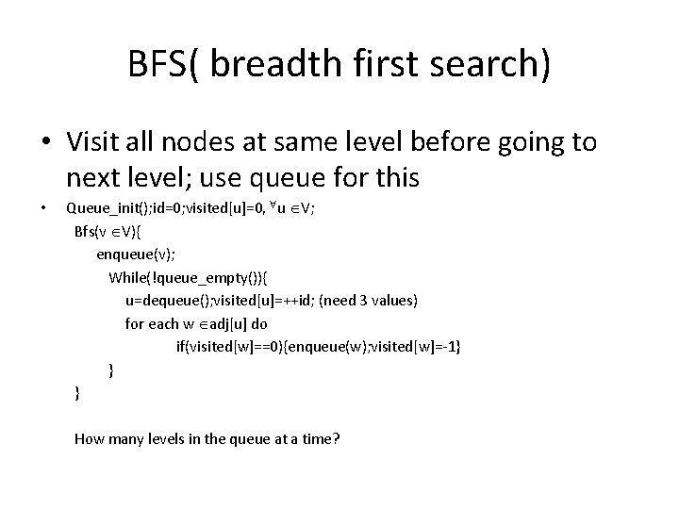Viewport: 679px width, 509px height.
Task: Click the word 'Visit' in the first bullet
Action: [91, 142]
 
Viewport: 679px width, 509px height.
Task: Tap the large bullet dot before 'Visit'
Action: [46, 143]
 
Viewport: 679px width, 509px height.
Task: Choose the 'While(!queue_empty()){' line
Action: [188, 277]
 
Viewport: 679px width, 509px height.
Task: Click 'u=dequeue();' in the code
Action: [167, 300]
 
